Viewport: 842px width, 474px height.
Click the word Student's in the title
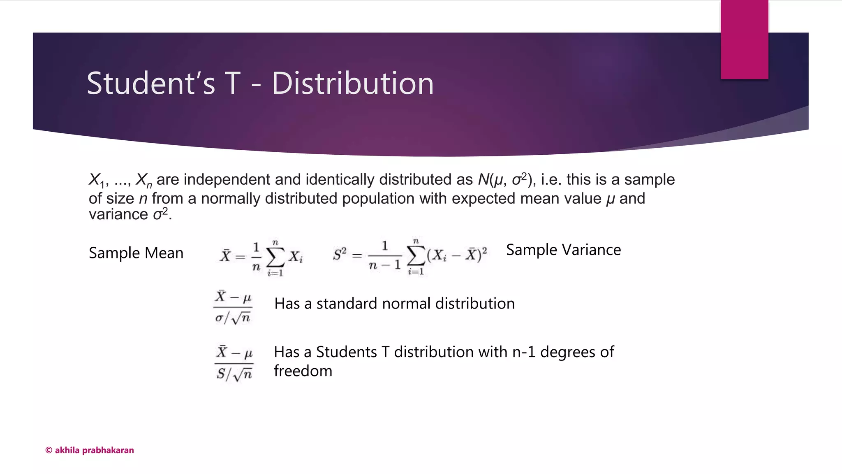[150, 84]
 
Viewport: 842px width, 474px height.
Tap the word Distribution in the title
[352, 84]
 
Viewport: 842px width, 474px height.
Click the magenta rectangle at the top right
[744, 39]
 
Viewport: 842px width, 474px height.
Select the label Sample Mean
[136, 253]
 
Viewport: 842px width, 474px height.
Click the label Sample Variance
[563, 250]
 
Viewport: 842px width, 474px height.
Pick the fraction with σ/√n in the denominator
[233, 307]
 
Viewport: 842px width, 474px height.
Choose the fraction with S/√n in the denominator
[234, 363]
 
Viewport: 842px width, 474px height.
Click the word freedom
[303, 371]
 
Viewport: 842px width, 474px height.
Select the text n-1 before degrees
[524, 352]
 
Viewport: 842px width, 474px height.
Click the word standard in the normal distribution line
[347, 304]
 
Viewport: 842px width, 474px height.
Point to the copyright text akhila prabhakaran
[90, 450]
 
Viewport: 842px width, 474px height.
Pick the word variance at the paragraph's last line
[118, 214]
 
